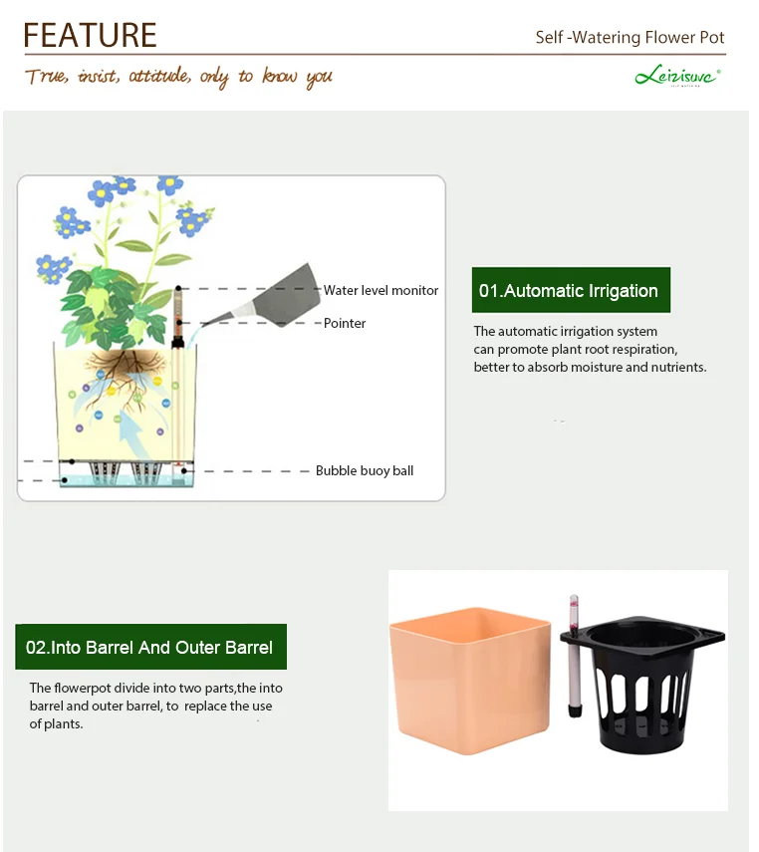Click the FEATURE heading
click(91, 35)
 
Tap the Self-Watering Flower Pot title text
click(630, 38)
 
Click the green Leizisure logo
click(677, 76)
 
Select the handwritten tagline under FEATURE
click(179, 77)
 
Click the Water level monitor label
click(380, 290)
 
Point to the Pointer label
click(345, 323)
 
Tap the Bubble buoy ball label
click(365, 470)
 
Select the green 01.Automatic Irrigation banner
click(571, 291)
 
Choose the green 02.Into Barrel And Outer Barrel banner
click(150, 647)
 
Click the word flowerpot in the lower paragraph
click(86, 688)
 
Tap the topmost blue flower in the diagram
click(170, 183)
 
